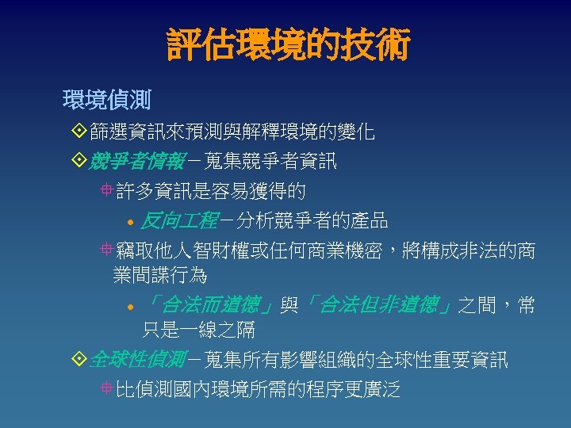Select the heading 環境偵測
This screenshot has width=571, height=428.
point(107,101)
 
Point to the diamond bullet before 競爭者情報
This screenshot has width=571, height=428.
point(79,162)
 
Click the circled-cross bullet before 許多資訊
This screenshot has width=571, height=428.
point(106,191)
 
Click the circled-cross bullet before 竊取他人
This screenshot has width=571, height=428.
point(106,251)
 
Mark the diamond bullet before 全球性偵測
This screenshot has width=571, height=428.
point(79,361)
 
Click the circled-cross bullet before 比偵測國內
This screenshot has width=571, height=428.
point(106,389)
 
